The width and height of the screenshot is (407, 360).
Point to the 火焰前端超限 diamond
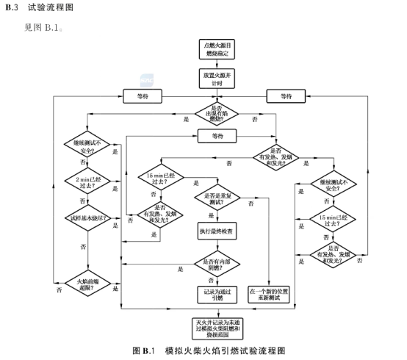[87, 283]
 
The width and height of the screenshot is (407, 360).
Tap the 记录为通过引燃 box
[217, 293]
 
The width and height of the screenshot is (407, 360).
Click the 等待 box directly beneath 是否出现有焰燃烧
[217, 136]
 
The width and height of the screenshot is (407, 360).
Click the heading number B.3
[11, 7]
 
